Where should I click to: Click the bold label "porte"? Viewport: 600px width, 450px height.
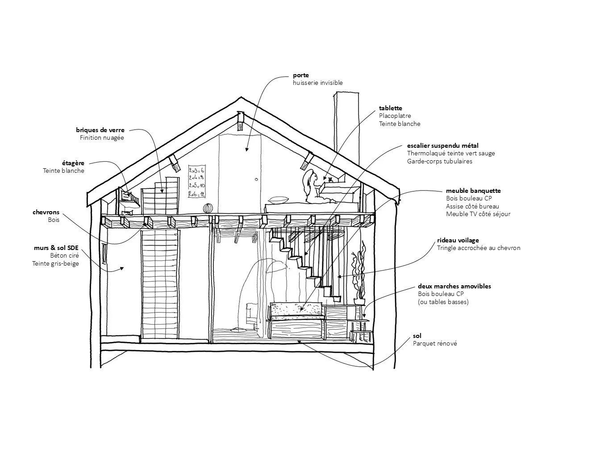pyautogui.click(x=300, y=75)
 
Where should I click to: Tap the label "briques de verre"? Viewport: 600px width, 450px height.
pyautogui.click(x=100, y=130)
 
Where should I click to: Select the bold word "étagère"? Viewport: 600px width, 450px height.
pyautogui.click(x=73, y=163)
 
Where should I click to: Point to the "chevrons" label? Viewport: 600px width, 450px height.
pyautogui.click(x=46, y=212)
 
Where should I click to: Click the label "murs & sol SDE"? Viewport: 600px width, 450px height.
pyautogui.click(x=57, y=247)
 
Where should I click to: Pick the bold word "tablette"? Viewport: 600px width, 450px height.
pyautogui.click(x=390, y=108)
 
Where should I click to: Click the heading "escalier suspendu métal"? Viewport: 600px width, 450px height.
pyautogui.click(x=442, y=146)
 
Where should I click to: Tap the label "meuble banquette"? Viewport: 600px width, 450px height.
pyautogui.click(x=473, y=191)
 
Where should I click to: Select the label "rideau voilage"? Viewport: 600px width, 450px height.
pyautogui.click(x=458, y=240)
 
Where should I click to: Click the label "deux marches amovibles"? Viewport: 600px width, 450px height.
pyautogui.click(x=454, y=286)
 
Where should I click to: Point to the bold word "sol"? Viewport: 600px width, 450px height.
pyautogui.click(x=417, y=336)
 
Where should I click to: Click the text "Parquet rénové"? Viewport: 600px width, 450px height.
pyautogui.click(x=434, y=343)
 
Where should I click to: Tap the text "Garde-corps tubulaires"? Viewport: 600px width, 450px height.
pyautogui.click(x=439, y=161)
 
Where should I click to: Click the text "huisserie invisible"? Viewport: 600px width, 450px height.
pyautogui.click(x=317, y=83)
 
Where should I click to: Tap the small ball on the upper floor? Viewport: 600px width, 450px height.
pyautogui.click(x=208, y=209)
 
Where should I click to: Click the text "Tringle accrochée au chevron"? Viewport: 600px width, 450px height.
pyautogui.click(x=479, y=248)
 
